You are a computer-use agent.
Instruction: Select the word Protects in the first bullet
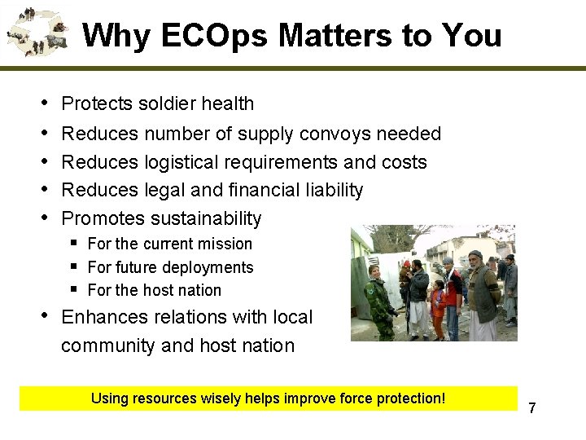coord(97,103)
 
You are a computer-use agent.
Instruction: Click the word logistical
coord(185,162)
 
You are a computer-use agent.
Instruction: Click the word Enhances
coord(101,316)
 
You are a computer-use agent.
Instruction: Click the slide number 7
coord(532,407)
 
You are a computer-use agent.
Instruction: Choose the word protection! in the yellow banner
coord(408,398)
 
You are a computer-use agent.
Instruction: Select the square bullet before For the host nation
coord(74,289)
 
